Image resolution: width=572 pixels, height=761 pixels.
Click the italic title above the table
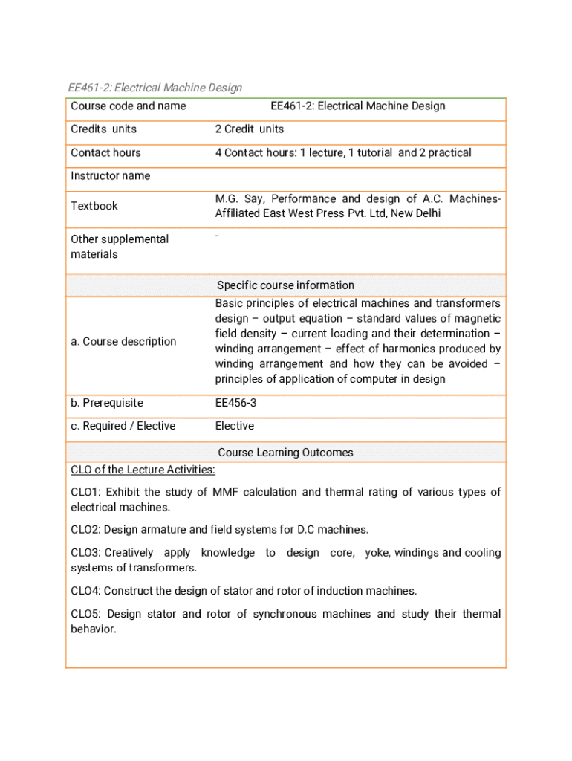(155, 88)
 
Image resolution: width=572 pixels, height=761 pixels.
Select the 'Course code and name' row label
(128, 106)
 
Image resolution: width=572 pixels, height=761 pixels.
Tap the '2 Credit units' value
(249, 129)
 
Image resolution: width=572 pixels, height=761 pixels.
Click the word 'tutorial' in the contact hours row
(371, 152)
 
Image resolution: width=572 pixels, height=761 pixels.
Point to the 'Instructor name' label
(110, 175)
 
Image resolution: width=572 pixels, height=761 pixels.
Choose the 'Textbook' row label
(94, 206)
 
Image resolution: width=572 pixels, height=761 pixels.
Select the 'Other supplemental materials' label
(119, 247)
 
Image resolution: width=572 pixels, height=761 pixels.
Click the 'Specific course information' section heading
(285, 285)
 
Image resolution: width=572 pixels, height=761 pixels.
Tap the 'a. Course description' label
(123, 341)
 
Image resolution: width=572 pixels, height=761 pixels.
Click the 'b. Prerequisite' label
(107, 403)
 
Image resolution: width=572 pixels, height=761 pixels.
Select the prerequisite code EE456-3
(235, 403)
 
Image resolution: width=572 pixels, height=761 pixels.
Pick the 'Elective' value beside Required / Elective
(234, 426)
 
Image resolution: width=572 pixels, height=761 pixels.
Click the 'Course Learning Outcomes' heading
(285, 453)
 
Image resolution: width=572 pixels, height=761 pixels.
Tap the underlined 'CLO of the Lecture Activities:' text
(143, 470)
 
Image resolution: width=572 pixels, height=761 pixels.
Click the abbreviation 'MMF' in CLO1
(224, 492)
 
